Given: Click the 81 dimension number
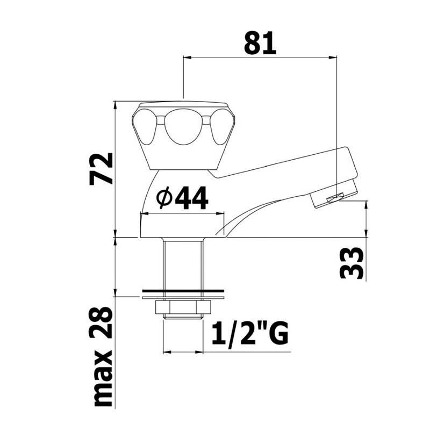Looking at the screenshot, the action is [x=260, y=43].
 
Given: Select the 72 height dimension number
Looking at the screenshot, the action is [x=101, y=169].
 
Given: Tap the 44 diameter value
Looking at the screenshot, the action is [x=191, y=198].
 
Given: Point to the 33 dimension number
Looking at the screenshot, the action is [x=352, y=263].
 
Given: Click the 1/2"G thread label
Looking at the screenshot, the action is [x=250, y=333].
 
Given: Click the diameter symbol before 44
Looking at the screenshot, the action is [x=164, y=198].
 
